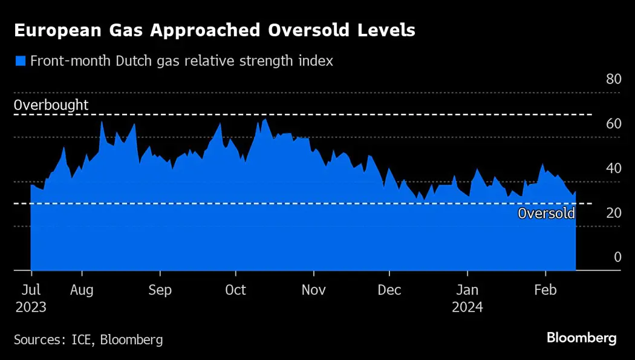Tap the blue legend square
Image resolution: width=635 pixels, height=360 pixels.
tap(21, 61)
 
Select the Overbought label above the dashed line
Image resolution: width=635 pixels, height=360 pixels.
tap(51, 105)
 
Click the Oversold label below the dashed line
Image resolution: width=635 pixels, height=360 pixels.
tap(546, 213)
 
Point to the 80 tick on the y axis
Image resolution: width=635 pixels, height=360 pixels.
tap(613, 79)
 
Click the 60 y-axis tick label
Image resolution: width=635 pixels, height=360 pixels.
tap(613, 123)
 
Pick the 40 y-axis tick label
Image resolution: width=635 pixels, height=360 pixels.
tap(613, 168)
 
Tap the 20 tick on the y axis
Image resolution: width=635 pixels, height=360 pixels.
tap(613, 212)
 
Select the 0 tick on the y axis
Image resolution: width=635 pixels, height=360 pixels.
tap(617, 257)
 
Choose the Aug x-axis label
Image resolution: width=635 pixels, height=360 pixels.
tap(82, 290)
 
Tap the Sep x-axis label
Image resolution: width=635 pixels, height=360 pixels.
tap(160, 290)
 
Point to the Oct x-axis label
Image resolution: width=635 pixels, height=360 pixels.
tap(235, 290)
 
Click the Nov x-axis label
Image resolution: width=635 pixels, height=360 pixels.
tap(313, 290)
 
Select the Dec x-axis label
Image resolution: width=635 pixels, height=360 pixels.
tap(389, 290)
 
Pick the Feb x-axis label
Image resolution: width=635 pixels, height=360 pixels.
tap(545, 290)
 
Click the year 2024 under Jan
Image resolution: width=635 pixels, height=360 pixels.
tap(467, 307)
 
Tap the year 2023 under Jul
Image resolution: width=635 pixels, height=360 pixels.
tap(30, 307)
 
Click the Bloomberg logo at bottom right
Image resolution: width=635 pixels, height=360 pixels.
tap(581, 338)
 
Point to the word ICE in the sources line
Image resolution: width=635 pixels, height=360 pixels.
tap(81, 339)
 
